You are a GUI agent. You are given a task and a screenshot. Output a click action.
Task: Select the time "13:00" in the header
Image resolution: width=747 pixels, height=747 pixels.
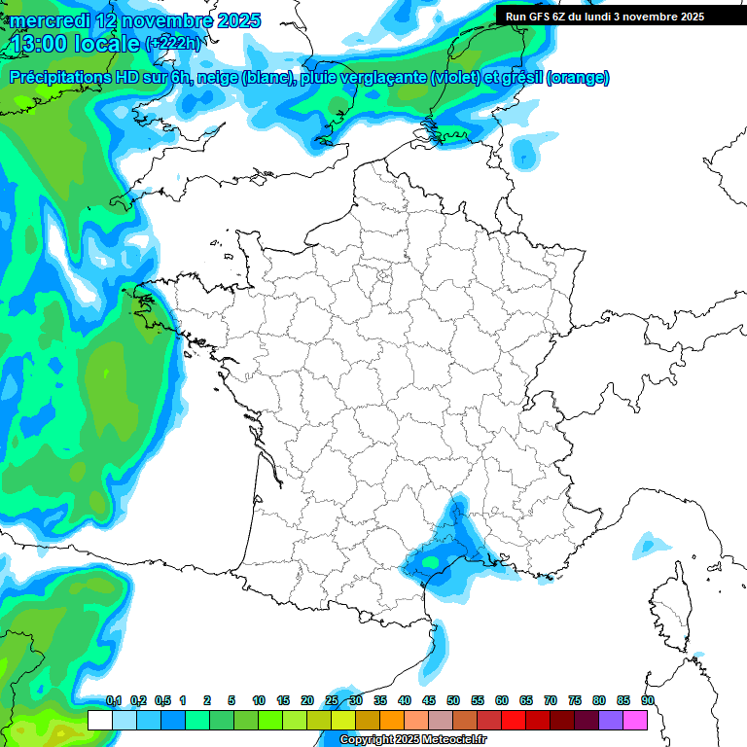(40, 44)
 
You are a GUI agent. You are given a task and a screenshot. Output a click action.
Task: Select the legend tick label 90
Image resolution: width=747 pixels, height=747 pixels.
(647, 700)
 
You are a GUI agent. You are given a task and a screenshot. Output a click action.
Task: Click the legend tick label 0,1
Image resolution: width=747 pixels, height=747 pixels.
(114, 700)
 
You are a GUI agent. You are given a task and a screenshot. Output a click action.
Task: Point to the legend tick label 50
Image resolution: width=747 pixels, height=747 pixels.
(453, 700)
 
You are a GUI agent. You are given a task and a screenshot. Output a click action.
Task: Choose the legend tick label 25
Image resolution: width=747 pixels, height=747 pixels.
(332, 700)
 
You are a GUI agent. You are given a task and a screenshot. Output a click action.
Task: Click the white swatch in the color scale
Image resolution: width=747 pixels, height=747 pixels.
(99, 720)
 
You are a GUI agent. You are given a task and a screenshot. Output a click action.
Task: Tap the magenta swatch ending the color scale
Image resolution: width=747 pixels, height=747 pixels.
(635, 720)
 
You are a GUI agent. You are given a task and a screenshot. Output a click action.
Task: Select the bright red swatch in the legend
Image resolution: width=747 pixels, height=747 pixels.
(514, 720)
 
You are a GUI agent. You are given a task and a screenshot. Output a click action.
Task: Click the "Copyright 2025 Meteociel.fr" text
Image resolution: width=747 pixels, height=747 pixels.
(412, 739)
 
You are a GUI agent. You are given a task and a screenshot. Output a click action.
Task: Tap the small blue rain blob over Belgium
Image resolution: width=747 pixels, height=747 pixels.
(524, 153)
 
